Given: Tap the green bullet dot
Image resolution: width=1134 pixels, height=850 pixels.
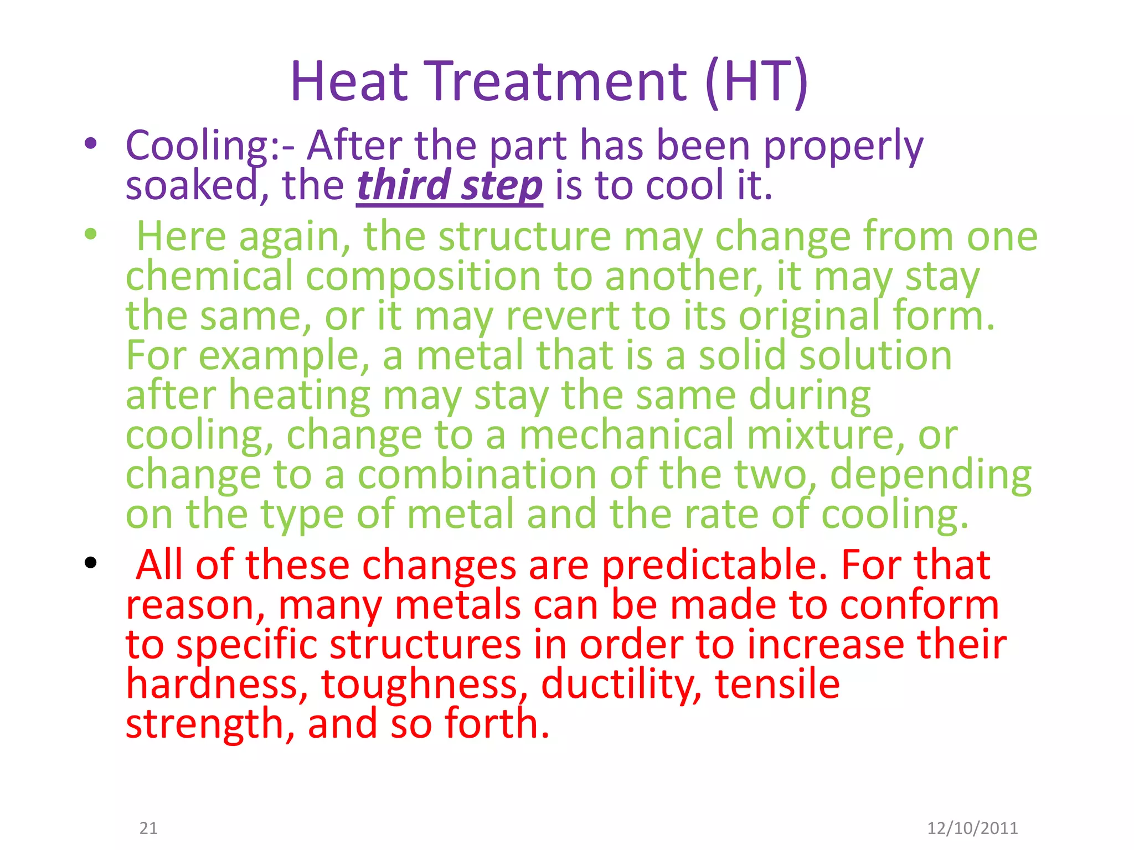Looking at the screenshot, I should point(91,234).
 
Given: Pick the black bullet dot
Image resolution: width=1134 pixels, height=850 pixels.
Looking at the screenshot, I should point(91,563).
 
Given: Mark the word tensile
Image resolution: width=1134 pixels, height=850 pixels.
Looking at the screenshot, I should point(777,684).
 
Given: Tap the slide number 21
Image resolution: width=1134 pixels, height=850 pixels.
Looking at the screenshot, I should point(148,828).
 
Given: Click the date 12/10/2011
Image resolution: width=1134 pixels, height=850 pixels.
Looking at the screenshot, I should point(972,828).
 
